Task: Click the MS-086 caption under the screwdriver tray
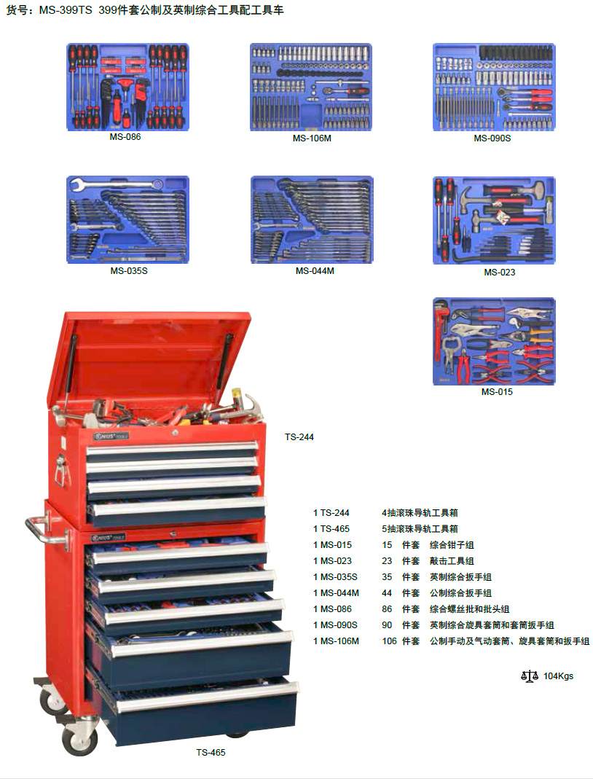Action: (125, 136)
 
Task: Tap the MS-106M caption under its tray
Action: (312, 138)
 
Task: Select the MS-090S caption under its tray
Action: (492, 138)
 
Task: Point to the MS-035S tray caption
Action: (129, 271)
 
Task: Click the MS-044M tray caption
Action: (315, 271)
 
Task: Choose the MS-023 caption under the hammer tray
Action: (500, 273)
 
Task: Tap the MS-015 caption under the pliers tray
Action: (497, 391)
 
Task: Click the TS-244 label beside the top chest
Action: (299, 437)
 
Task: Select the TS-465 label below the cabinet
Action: (211, 752)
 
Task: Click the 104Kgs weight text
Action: (558, 676)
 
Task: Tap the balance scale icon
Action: (530, 676)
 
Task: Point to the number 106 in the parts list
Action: (389, 641)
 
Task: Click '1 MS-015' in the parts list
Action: (332, 544)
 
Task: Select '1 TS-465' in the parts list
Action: (331, 528)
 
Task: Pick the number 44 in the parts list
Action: (387, 592)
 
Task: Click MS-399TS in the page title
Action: (66, 10)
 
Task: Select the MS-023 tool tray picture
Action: (494, 220)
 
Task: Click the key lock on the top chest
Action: (174, 434)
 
